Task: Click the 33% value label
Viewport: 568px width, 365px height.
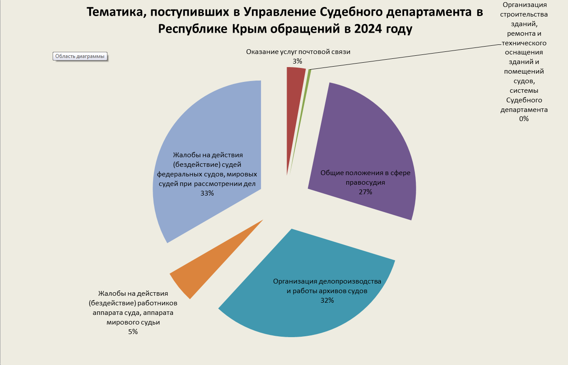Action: pyautogui.click(x=207, y=193)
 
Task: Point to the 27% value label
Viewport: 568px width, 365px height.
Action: pyautogui.click(x=365, y=192)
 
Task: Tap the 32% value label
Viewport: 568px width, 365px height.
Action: pyautogui.click(x=327, y=301)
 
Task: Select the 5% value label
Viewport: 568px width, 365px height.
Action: pyautogui.click(x=133, y=332)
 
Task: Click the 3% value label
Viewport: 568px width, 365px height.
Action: pyautogui.click(x=297, y=61)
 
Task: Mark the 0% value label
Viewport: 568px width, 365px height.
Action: pyautogui.click(x=524, y=118)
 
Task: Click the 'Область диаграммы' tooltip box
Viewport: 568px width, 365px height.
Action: pyautogui.click(x=80, y=56)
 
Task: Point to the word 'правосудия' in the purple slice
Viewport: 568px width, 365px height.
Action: pyautogui.click(x=366, y=182)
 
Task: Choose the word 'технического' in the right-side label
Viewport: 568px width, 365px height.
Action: pyautogui.click(x=524, y=43)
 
